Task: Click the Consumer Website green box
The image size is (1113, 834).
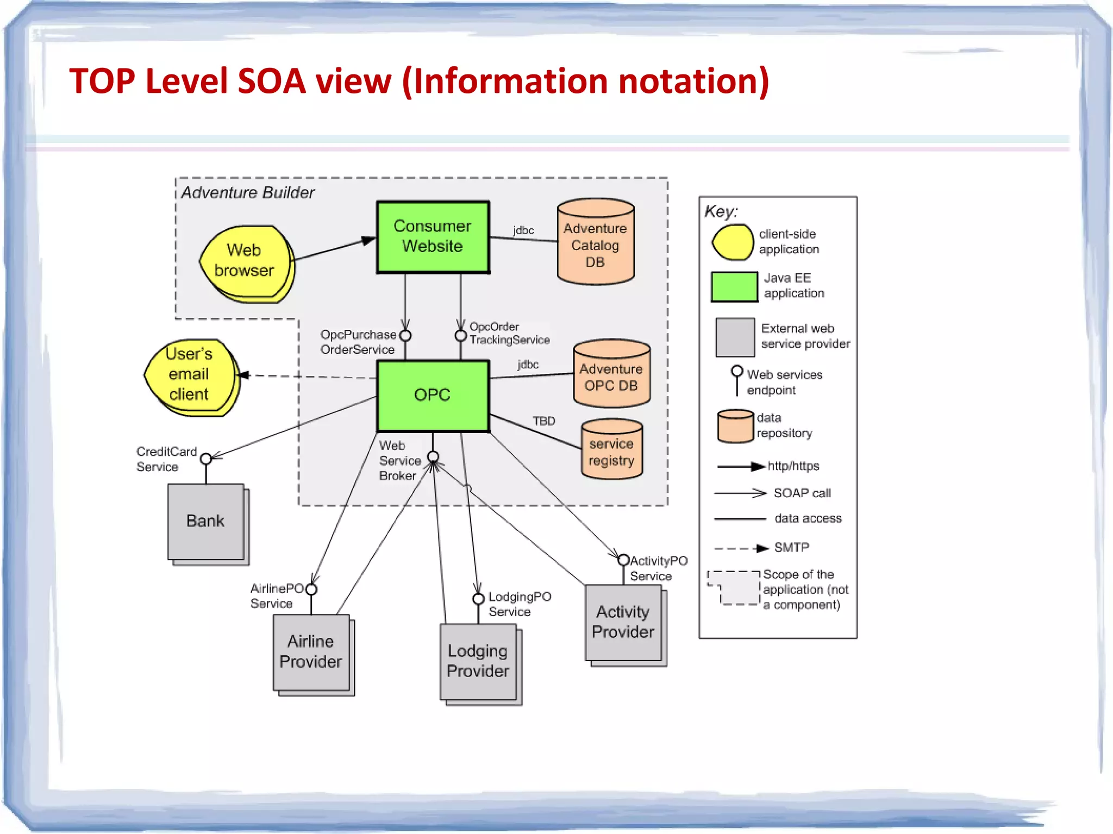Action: tap(433, 237)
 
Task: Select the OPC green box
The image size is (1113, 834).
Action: tap(433, 395)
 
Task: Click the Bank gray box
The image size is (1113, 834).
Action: tap(206, 522)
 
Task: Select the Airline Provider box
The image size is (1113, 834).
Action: tap(311, 652)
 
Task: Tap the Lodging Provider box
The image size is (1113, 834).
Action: tap(478, 661)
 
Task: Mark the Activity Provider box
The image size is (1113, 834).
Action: tap(623, 623)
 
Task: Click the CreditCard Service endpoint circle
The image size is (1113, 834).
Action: tap(206, 459)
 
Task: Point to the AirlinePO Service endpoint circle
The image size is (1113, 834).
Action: tap(311, 590)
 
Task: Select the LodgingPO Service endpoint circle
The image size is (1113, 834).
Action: tap(478, 599)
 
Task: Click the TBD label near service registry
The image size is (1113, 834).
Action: tap(544, 421)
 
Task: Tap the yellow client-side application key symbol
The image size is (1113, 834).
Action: tap(733, 242)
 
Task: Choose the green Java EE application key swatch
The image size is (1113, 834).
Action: tap(734, 286)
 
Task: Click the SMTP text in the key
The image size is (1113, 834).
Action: tap(791, 547)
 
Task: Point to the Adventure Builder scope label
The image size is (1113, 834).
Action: tap(248, 192)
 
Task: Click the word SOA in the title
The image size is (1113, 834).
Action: tap(272, 81)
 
